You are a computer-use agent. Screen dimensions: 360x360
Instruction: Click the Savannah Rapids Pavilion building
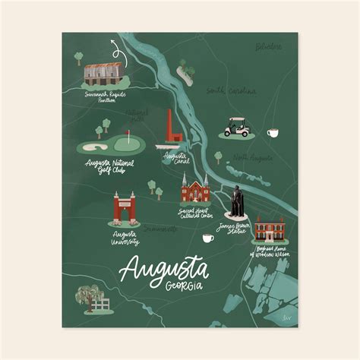[103, 74]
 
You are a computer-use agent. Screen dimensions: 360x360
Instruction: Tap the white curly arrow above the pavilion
[116, 52]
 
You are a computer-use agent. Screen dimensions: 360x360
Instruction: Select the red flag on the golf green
[128, 137]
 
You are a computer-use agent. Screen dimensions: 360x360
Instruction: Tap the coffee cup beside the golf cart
[272, 133]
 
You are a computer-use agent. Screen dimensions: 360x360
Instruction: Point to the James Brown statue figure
[237, 201]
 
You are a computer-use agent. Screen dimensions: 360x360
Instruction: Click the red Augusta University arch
[125, 207]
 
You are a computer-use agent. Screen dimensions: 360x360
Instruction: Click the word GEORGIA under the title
[182, 285]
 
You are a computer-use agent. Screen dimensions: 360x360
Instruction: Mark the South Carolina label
[232, 91]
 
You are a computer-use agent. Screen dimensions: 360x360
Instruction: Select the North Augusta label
[253, 157]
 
